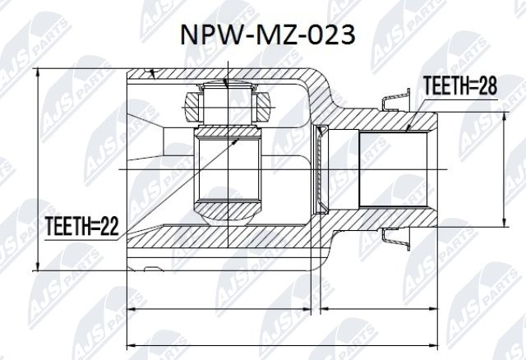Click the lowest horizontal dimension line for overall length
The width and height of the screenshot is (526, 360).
(279, 344)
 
